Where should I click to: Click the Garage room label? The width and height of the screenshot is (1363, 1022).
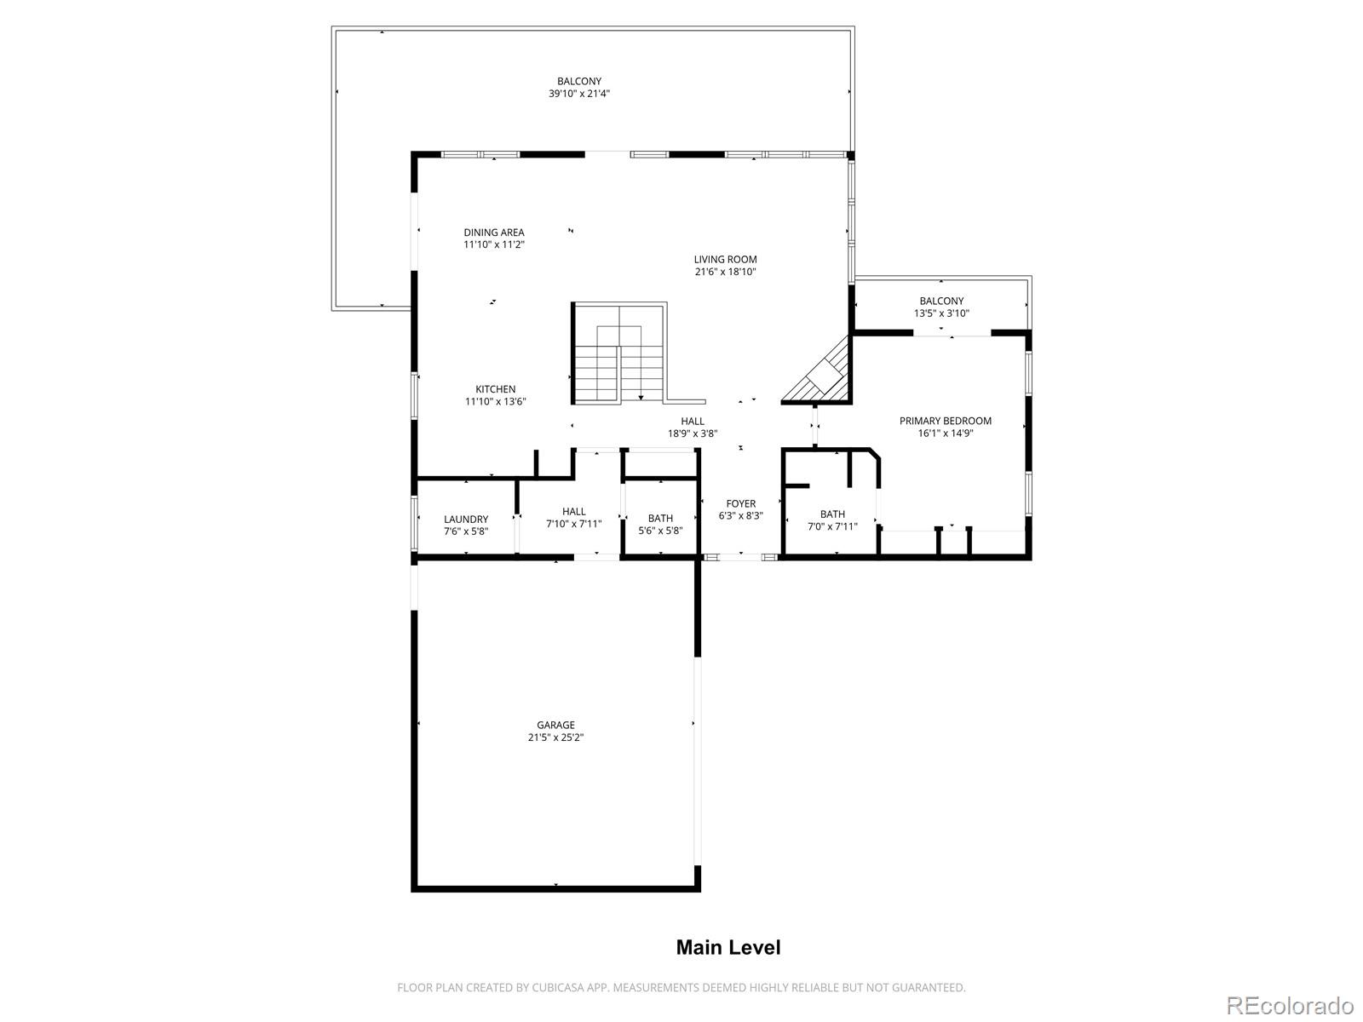(555, 725)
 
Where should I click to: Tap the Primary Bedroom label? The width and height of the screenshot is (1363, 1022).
(946, 421)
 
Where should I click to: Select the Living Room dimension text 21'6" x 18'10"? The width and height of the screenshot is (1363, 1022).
(725, 273)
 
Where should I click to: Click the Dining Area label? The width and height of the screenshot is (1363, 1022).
(494, 233)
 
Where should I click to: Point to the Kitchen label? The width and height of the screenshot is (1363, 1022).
(495, 389)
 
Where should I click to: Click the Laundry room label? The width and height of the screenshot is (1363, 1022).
(466, 520)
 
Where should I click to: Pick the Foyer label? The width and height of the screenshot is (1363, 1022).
(740, 504)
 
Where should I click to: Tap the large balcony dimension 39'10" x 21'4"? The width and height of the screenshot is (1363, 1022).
(579, 95)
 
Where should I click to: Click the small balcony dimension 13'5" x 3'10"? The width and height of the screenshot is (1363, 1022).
(941, 313)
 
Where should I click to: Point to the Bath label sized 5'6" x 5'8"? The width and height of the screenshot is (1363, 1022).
(660, 518)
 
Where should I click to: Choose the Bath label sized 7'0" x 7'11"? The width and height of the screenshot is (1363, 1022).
(832, 514)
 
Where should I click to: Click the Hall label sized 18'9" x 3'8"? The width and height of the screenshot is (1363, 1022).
(693, 421)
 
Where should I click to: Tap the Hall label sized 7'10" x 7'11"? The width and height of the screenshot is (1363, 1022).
(573, 512)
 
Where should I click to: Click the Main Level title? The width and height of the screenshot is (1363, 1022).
(728, 947)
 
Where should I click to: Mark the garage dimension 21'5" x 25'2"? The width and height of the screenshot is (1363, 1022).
(555, 738)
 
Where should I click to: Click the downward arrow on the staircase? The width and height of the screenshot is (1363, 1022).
(641, 393)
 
